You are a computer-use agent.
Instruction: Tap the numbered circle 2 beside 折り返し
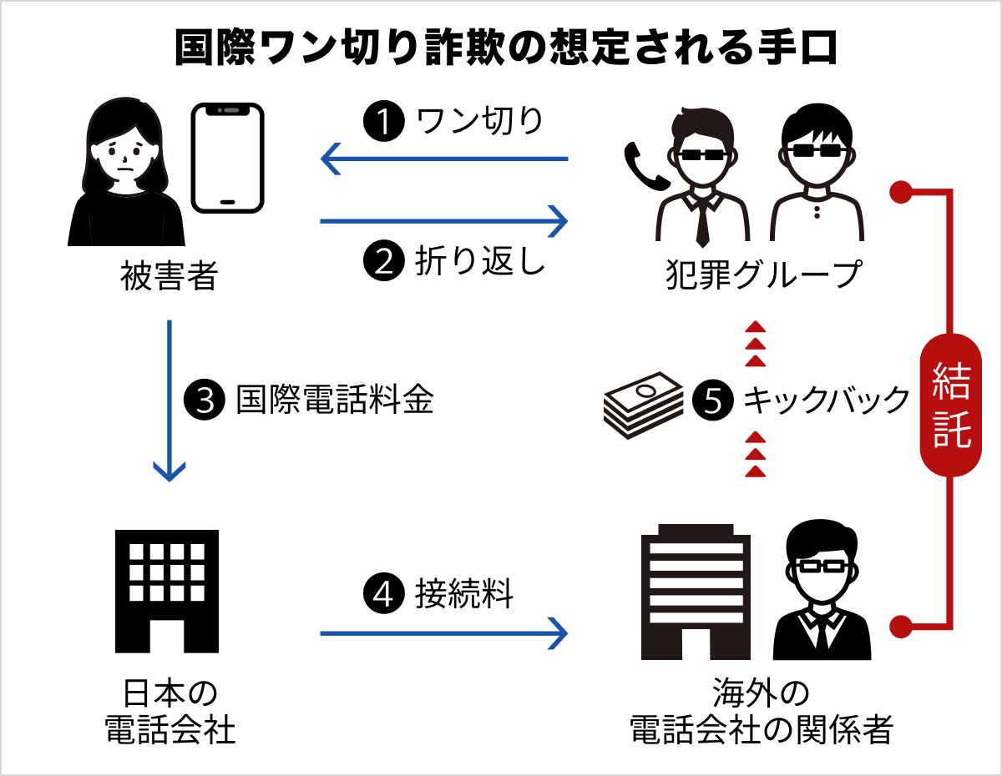pos(382,260)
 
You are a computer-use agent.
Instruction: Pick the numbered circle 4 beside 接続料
pos(382,594)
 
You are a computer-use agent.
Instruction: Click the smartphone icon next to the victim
pos(227,158)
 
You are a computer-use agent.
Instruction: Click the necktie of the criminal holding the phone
pos(703,221)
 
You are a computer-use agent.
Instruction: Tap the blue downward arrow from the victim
pos(170,401)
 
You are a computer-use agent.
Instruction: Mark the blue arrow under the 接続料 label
pos(443,633)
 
